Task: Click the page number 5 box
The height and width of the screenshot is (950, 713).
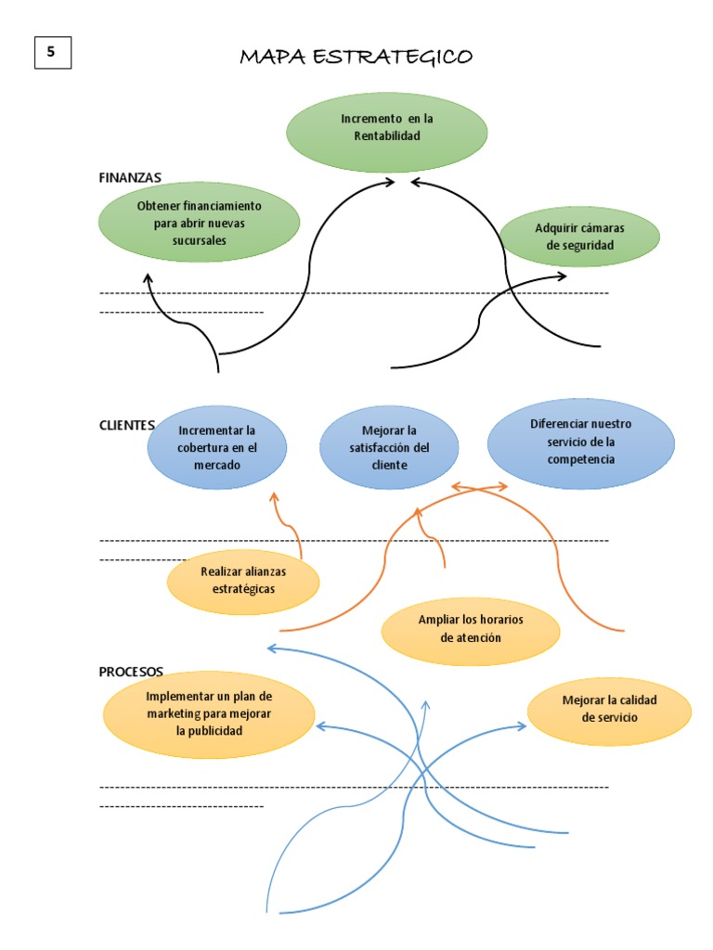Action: click(52, 53)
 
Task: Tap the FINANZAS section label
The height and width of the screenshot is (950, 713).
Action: click(130, 176)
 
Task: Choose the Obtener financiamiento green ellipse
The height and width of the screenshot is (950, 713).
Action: click(199, 223)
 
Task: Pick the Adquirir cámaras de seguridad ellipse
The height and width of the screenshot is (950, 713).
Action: click(579, 237)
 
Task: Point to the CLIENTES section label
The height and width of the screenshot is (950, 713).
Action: click(126, 425)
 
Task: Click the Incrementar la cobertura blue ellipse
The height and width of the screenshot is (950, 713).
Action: click(217, 447)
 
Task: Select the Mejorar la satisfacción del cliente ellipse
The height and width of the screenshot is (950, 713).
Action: click(389, 447)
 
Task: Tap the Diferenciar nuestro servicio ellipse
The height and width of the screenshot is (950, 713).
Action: click(580, 442)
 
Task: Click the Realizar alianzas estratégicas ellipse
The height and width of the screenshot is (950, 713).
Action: click(243, 580)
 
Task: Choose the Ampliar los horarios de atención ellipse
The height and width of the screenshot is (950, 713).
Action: click(471, 629)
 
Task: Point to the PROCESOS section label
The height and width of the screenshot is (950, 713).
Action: click(131, 671)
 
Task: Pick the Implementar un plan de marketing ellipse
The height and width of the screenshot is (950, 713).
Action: click(209, 712)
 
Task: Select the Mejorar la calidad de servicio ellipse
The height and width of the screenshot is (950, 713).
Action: click(609, 709)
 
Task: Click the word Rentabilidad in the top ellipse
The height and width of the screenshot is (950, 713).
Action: click(386, 136)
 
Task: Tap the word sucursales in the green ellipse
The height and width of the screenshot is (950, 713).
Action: click(199, 240)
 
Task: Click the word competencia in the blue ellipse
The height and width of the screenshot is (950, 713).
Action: click(580, 459)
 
